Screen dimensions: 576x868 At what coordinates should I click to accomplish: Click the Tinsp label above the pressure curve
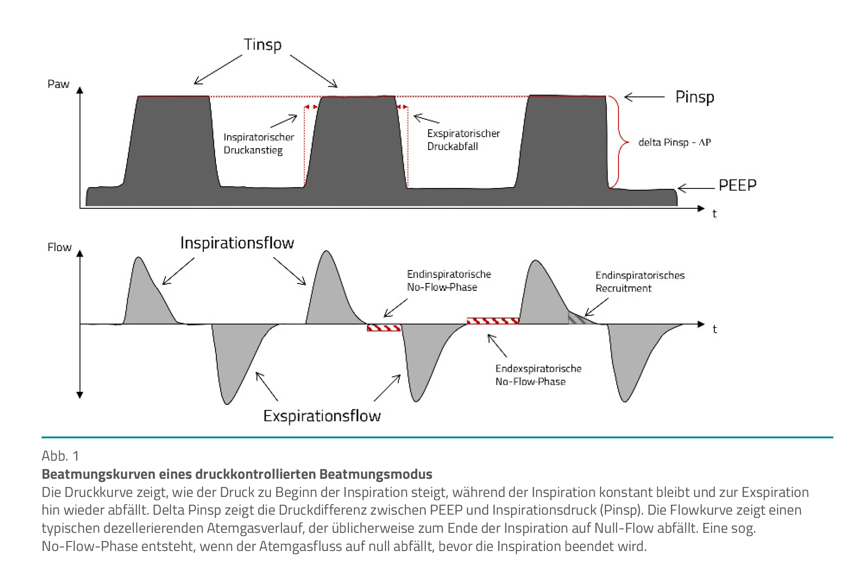pos(263,45)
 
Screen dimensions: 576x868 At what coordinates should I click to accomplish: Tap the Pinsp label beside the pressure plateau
pos(694,97)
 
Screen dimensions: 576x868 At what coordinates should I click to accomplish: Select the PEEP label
pos(737,185)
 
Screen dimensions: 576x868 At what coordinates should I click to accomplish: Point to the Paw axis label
pos(58,84)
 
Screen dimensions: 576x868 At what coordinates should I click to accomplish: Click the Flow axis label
pos(60,247)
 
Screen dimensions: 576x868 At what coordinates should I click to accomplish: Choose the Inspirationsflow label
pos(237,243)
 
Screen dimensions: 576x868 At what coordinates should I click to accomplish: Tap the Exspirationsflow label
pos(322,416)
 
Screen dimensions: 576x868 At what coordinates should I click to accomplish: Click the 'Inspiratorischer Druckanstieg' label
pos(258,143)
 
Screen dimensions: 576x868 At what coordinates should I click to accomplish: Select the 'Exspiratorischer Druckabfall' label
pos(463,140)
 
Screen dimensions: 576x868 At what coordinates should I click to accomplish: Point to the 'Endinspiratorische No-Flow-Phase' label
pos(449,280)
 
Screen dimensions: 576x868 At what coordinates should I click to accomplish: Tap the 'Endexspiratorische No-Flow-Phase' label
pos(538,375)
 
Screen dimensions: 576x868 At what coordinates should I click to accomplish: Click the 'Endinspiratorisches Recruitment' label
pos(640,281)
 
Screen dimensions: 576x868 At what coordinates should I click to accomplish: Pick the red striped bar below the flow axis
pos(383,328)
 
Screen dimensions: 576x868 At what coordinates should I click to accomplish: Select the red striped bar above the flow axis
pos(492,321)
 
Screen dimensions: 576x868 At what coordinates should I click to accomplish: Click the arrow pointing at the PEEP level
pos(696,188)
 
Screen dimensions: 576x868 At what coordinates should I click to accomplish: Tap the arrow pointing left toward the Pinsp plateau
pos(644,97)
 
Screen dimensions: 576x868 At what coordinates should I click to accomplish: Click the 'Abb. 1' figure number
pos(60,456)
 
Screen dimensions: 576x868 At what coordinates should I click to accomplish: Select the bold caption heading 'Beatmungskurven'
pos(237,474)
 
